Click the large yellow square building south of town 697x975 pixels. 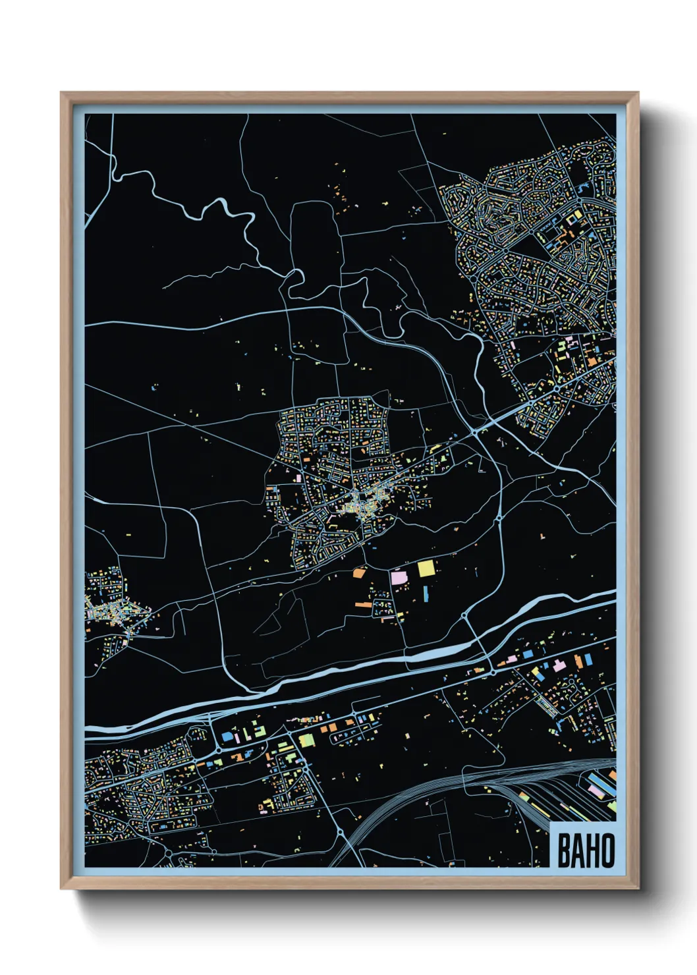tap(427, 568)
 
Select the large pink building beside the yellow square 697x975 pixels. tap(399, 578)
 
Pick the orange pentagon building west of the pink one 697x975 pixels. tap(359, 573)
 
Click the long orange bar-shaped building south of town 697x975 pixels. tap(364, 603)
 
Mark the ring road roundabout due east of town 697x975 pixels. tap(498, 519)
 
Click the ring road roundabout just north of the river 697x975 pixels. tap(465, 615)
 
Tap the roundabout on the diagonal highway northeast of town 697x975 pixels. tap(474, 433)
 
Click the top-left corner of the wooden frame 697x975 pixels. tap(61, 93)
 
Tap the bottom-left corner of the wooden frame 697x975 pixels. tap(61, 888)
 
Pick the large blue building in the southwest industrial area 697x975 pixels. tap(227, 736)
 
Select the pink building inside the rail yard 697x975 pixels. tap(597, 789)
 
